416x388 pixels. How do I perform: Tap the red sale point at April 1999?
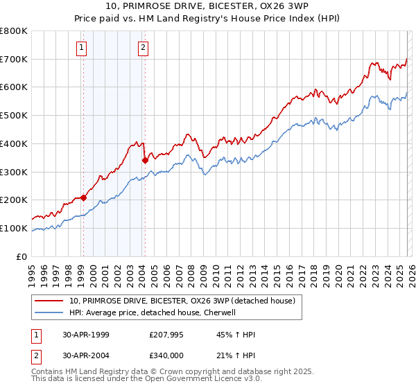pos(84,197)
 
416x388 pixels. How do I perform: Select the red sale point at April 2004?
pos(145,160)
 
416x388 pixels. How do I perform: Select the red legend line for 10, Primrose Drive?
pos(49,301)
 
